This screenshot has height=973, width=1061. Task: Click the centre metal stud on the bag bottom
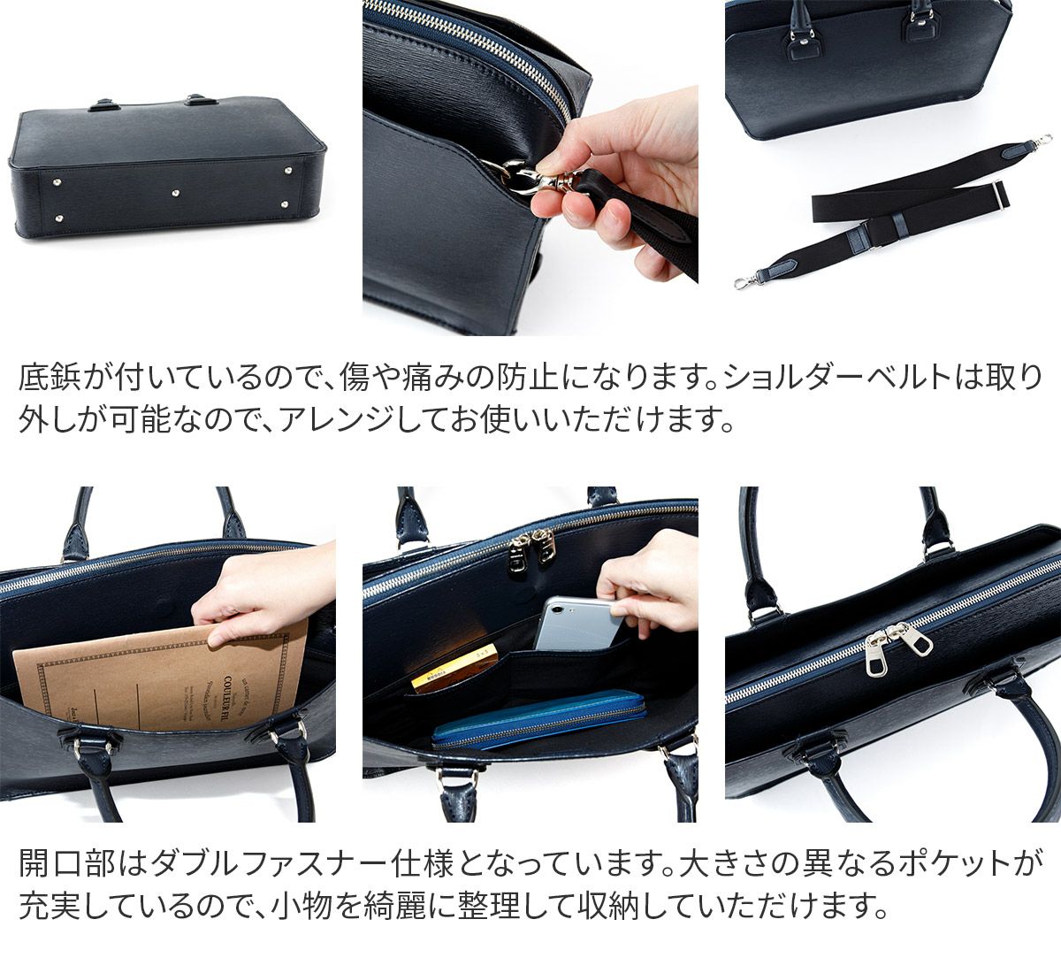pos(176,193)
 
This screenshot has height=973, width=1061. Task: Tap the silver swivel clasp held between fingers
pos(534,177)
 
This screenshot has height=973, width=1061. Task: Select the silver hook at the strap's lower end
pos(744,281)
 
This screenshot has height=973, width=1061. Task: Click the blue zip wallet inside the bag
pos(539,721)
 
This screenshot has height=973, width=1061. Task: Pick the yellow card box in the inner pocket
pos(454,668)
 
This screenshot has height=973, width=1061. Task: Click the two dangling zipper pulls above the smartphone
pos(531,548)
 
